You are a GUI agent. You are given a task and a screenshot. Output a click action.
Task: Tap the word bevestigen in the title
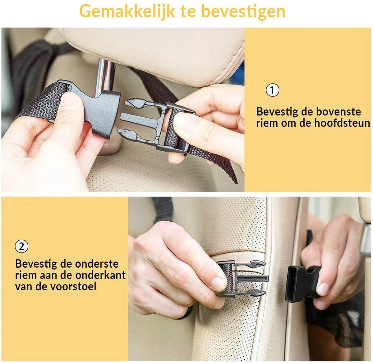(x=243, y=11)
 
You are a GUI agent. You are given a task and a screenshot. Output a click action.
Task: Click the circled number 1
(x=273, y=90)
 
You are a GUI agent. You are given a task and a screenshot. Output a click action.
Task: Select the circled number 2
(x=21, y=247)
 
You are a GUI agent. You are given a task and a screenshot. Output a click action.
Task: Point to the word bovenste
(x=338, y=111)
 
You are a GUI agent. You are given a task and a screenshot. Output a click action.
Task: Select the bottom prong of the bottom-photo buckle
(x=253, y=292)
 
